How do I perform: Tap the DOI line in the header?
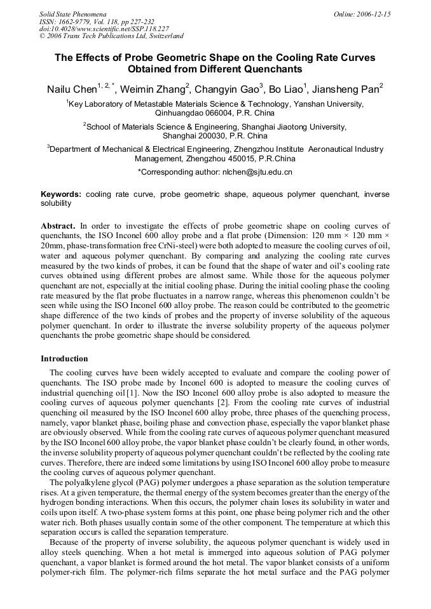coord(104,29)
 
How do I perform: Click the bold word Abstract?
coord(58,226)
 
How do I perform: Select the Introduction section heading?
coord(64,359)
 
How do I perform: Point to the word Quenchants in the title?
coord(273,69)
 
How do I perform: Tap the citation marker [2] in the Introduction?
coord(223,403)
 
